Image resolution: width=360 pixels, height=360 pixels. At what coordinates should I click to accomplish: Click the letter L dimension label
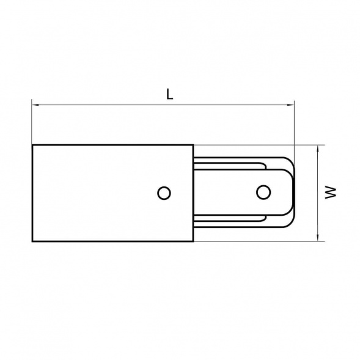[x=169, y=94]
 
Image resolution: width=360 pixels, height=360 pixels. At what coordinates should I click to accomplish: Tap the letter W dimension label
[x=331, y=193]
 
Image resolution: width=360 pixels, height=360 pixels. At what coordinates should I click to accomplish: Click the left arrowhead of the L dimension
[x=35, y=105]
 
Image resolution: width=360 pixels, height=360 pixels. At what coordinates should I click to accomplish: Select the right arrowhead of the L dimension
[x=291, y=105]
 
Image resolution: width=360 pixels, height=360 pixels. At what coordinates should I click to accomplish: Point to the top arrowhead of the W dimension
[x=318, y=149]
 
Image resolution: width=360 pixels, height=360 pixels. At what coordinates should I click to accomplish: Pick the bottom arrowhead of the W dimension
[x=318, y=238]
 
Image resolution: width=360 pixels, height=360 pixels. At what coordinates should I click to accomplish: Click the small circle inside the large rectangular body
[x=164, y=193]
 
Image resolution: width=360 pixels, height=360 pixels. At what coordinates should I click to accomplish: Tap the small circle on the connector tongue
[x=263, y=192]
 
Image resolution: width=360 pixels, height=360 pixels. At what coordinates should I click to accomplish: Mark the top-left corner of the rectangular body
[x=32, y=145]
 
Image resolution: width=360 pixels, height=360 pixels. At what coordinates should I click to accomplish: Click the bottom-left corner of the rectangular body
[x=32, y=241]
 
